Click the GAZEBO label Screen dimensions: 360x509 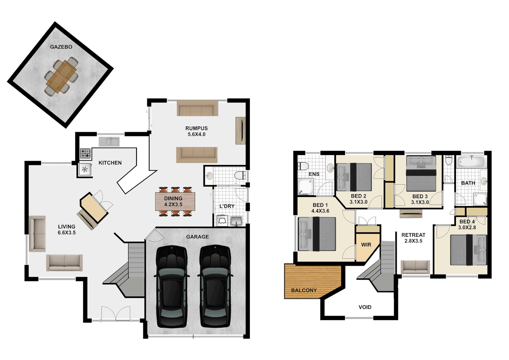tap(61, 47)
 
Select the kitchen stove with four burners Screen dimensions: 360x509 tap(85, 153)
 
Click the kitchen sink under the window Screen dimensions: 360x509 tap(109, 142)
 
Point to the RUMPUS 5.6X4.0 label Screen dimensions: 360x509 tap(197, 131)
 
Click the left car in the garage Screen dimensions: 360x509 tap(172, 287)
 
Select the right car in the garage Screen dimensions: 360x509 tap(215, 287)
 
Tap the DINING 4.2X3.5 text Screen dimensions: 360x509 tap(173, 201)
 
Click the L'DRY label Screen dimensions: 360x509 tap(227, 206)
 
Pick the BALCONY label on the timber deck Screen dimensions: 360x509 tap(304, 290)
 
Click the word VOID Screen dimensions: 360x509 tap(365, 307)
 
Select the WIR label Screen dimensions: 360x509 tap(366, 245)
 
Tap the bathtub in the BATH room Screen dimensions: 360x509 tap(471, 162)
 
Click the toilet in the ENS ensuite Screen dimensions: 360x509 tap(303, 166)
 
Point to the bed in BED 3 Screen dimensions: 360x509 tap(421, 173)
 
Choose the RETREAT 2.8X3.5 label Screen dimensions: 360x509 tap(413, 238)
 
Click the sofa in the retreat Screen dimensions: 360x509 tap(415, 267)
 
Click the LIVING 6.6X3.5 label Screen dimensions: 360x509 tap(67, 230)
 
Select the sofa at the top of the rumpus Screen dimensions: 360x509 tap(197, 109)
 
